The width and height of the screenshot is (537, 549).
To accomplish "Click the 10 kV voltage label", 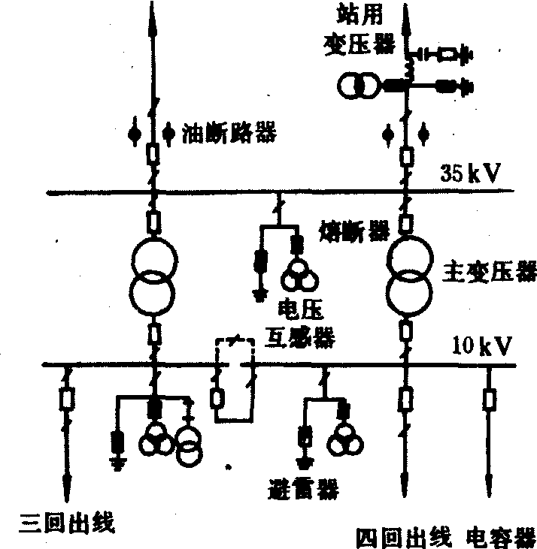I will click(x=482, y=347).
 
